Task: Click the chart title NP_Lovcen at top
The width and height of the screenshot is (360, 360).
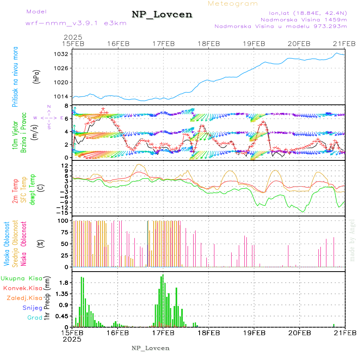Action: [162, 15]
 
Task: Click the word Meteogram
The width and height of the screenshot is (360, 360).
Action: [233, 4]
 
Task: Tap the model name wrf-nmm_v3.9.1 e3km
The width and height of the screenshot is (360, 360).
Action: [70, 23]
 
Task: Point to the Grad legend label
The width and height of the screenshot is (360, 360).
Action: [34, 318]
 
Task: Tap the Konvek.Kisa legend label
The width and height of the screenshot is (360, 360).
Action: [22, 288]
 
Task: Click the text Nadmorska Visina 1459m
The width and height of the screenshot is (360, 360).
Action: [304, 19]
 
